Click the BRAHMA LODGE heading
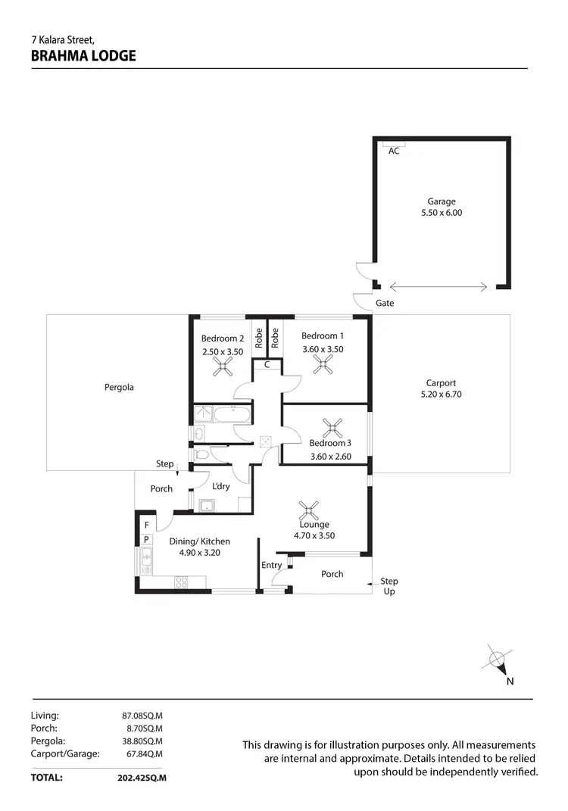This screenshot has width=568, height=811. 83,55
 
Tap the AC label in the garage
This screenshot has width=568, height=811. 393,151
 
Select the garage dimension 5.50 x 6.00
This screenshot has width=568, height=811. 441,213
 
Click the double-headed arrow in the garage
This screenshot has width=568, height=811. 440,286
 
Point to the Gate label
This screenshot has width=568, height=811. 385,304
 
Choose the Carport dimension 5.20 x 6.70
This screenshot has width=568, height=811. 441,395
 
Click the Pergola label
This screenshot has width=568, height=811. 119,388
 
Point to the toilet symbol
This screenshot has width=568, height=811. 201,455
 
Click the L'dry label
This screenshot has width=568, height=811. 221,486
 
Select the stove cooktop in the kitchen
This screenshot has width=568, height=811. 183,582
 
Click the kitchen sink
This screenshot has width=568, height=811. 145,560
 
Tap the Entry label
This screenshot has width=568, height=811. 271,565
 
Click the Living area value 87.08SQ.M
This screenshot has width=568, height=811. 142,715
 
